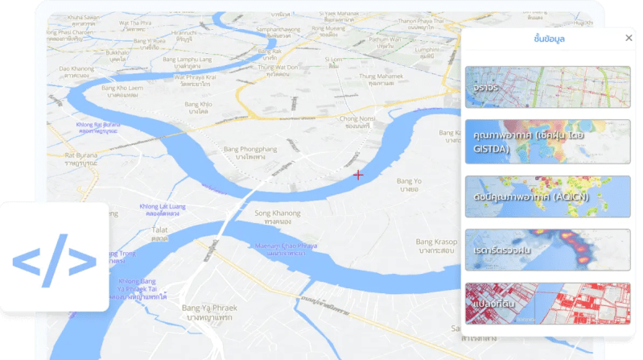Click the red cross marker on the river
(358, 174)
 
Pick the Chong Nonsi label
(358, 122)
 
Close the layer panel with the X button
(629, 38)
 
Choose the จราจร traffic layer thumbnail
(547, 87)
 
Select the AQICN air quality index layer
(547, 196)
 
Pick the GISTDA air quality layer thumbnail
(547, 142)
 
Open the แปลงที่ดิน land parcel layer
(547, 304)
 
